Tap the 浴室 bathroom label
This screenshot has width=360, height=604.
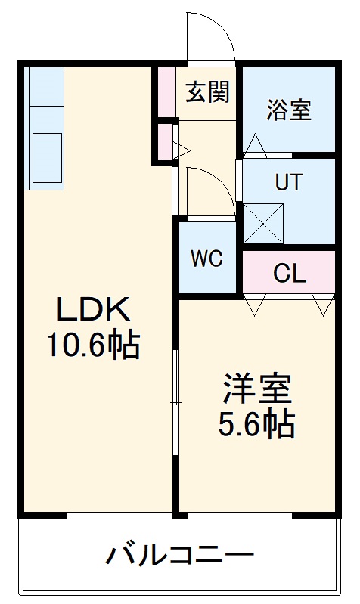click(288, 110)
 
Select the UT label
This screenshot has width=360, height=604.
click(288, 182)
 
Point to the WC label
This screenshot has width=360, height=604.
click(206, 259)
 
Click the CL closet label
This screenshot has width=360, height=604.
click(290, 274)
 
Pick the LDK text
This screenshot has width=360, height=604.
click(94, 310)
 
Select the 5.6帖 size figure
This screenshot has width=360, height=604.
click(257, 426)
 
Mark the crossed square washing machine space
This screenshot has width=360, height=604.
click(261, 222)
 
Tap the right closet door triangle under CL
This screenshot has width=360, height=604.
click(323, 305)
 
